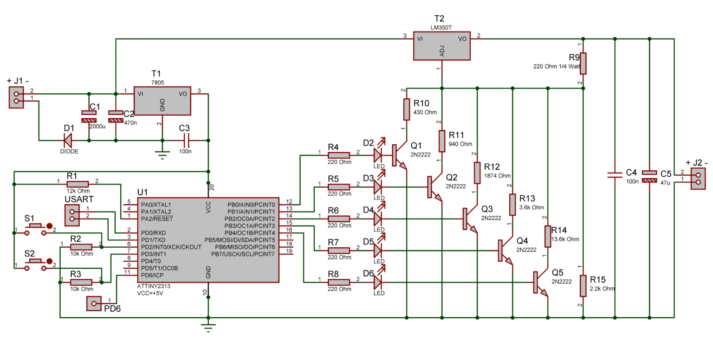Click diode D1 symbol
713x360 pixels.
pyautogui.click(x=68, y=140)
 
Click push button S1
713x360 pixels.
pyautogui.click(x=36, y=226)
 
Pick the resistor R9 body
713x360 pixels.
pyautogui.click(x=583, y=64)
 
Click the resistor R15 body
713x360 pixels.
pyautogui.click(x=583, y=286)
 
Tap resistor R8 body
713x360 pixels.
pyautogui.click(x=339, y=282)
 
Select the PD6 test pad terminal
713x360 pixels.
pyautogui.click(x=94, y=304)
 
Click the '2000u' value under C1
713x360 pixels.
pyautogui.click(x=97, y=126)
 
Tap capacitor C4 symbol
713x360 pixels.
pyautogui.click(x=615, y=175)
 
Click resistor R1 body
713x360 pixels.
pyautogui.click(x=78, y=184)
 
